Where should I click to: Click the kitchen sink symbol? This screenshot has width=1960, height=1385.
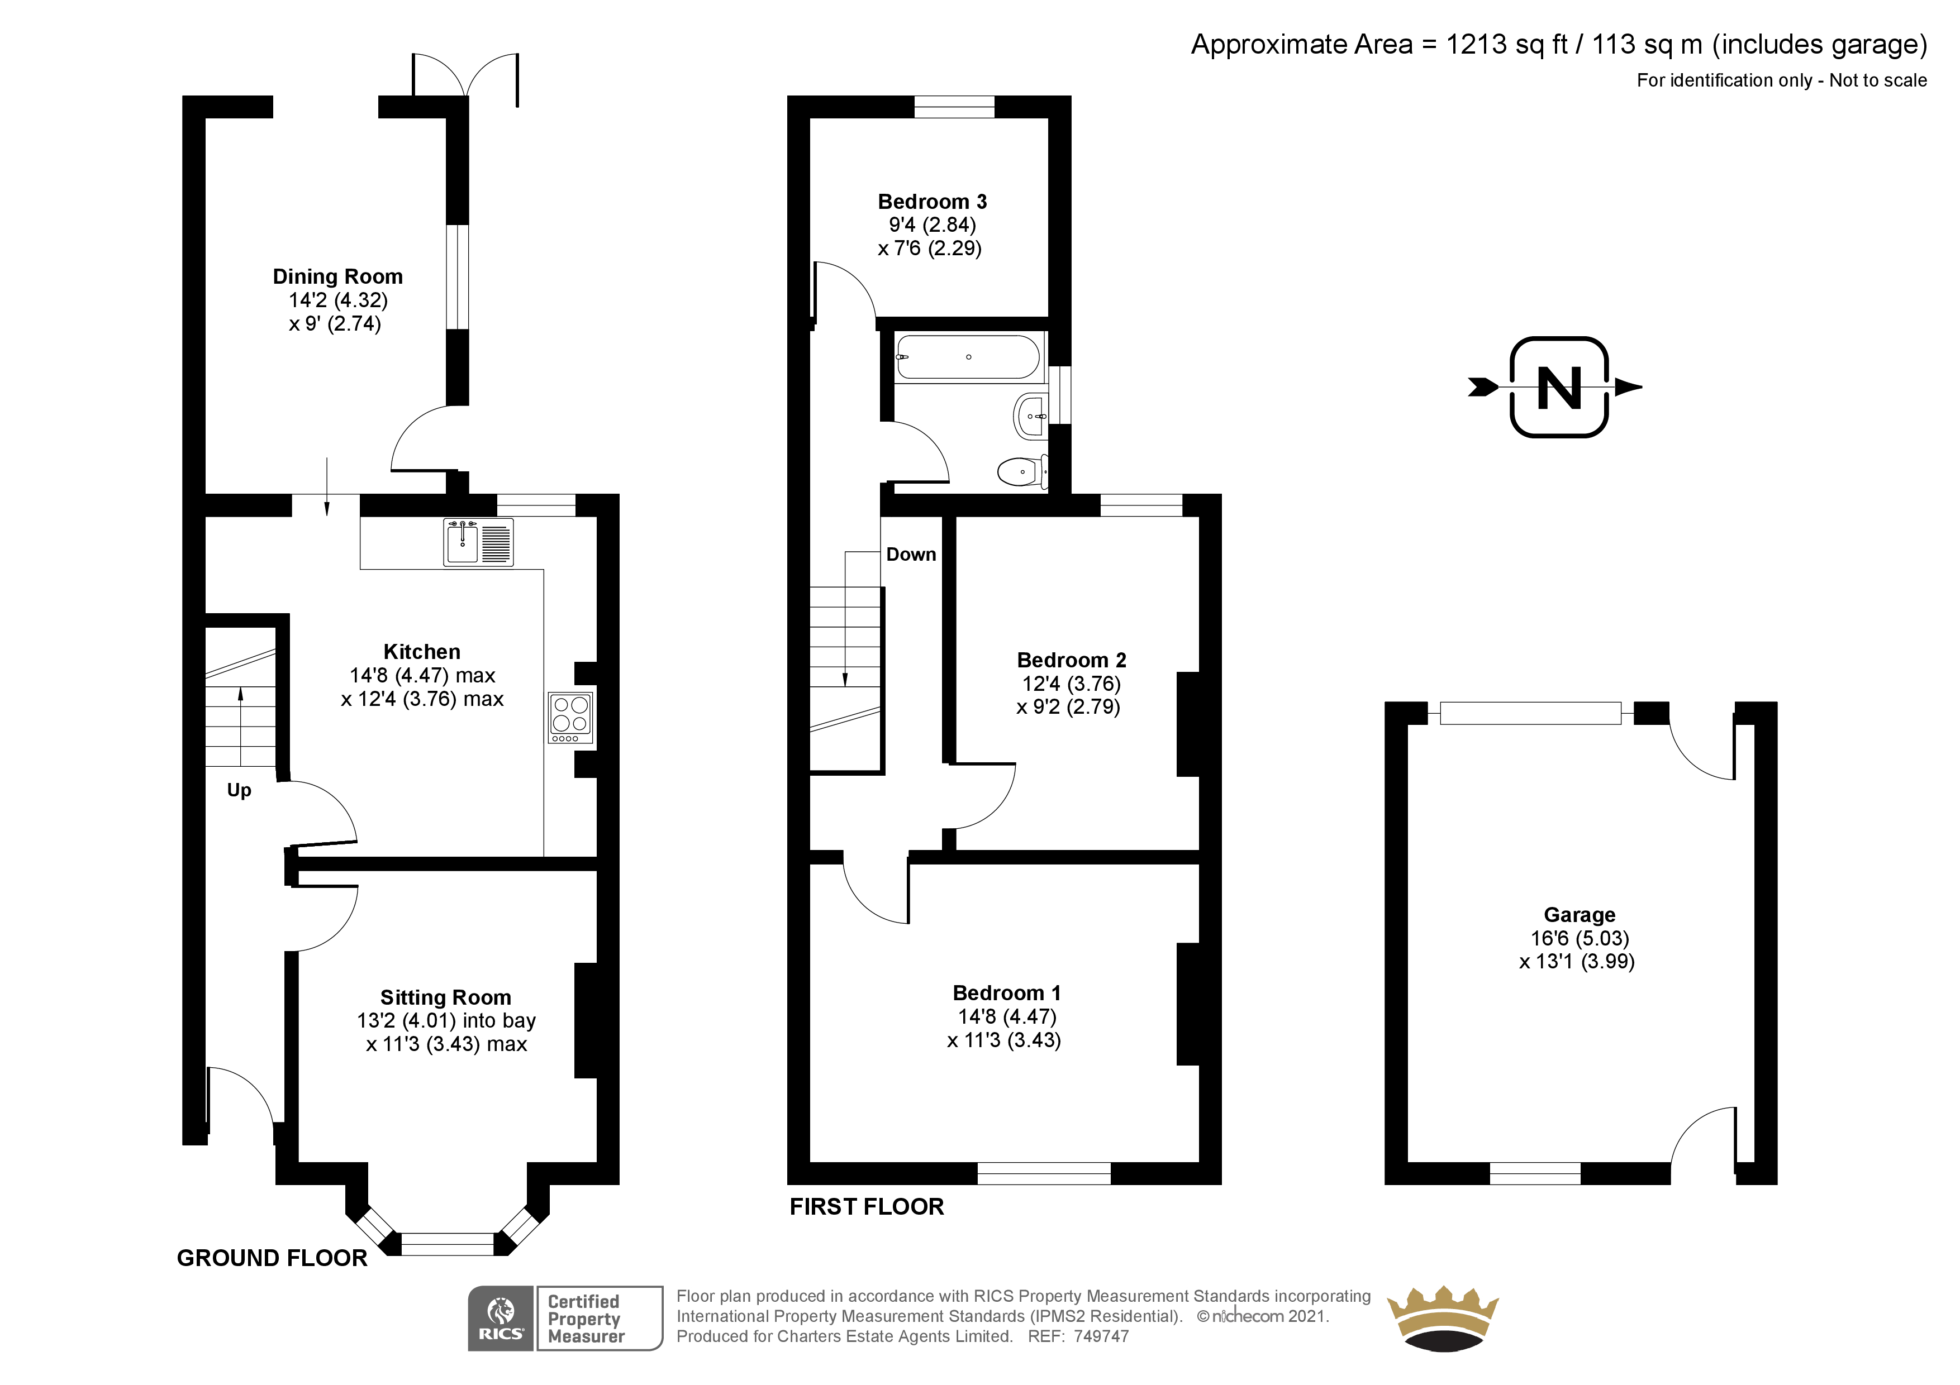(x=478, y=542)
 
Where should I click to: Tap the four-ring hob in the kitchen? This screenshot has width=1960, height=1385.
(x=571, y=718)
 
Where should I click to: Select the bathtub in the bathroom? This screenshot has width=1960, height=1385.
(x=968, y=357)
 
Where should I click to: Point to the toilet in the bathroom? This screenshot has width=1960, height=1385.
(x=1022, y=471)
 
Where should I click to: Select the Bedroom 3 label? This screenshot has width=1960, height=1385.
(x=932, y=202)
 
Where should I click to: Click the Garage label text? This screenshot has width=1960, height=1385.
(x=1580, y=915)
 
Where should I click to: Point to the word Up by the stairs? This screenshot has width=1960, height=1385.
(x=239, y=790)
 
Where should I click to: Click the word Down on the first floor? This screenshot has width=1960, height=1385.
(x=911, y=555)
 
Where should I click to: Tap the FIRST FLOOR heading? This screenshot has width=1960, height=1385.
(x=867, y=1207)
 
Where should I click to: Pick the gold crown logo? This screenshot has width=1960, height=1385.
(x=1443, y=1319)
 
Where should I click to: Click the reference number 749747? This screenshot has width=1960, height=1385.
(x=1101, y=1336)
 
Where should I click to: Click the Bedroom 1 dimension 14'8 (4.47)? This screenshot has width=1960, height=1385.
(x=1007, y=1016)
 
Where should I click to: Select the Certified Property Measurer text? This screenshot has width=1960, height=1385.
(x=586, y=1319)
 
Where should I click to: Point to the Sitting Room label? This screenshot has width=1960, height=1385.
(x=446, y=997)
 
